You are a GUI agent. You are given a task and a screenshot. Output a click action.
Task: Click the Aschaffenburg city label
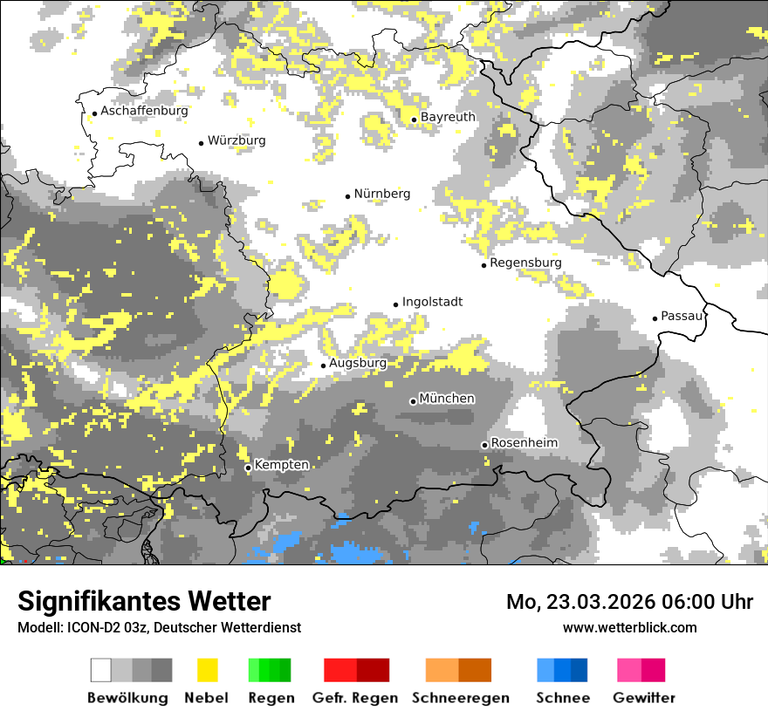coord(144,112)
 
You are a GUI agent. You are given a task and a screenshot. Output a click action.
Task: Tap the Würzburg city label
coord(237,140)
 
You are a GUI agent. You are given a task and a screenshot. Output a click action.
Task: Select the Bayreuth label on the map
coord(448,117)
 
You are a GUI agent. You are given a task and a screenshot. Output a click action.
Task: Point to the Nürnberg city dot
coord(347,196)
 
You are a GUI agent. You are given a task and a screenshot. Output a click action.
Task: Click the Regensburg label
coord(525,263)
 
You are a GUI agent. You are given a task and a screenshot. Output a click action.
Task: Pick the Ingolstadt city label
coord(432,302)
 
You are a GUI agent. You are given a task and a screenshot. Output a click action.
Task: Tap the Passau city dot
coord(655,318)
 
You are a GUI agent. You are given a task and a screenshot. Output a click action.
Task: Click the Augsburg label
coord(358,363)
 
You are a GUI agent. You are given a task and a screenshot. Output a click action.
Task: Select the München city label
coord(447,399)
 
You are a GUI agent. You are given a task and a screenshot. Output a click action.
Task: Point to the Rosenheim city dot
coord(484,445)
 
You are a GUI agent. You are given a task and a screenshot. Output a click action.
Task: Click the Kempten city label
coord(281,465)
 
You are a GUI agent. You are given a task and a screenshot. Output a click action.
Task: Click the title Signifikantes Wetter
coord(144,601)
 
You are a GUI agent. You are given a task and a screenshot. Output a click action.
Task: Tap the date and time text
coord(629,602)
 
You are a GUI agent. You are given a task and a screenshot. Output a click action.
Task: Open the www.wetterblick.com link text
coord(629,627)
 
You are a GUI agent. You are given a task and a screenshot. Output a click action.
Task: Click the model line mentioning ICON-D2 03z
coord(159,627)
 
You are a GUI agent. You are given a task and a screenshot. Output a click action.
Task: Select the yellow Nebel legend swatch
coord(207,670)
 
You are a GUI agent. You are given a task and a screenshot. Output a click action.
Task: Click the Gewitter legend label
coord(643,698)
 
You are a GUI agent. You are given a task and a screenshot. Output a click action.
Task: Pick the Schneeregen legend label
coord(460,698)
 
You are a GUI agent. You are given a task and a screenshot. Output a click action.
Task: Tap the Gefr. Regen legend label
coord(354,698)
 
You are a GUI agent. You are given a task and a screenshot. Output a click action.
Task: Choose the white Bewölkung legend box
coord(101,670)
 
